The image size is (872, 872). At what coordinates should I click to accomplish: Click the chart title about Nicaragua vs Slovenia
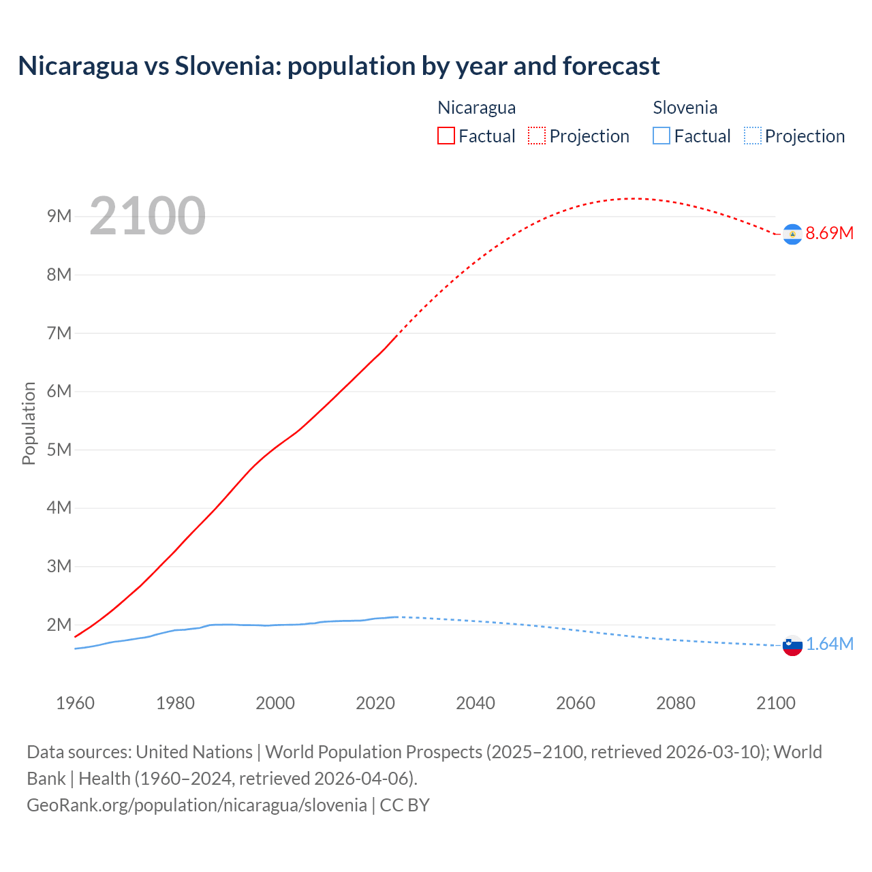click(x=339, y=66)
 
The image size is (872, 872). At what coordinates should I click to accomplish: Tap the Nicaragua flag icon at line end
click(x=792, y=234)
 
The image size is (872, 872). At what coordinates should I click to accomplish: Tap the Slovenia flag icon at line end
click(x=792, y=645)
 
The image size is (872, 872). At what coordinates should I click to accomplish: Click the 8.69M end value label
click(x=829, y=233)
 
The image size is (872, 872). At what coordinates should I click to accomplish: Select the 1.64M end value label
click(x=829, y=644)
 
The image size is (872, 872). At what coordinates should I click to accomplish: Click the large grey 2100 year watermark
click(x=147, y=216)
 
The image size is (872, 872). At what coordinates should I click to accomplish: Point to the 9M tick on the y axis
click(x=59, y=217)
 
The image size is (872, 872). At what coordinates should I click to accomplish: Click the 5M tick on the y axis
click(x=59, y=450)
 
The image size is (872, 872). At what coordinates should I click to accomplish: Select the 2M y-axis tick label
click(x=59, y=625)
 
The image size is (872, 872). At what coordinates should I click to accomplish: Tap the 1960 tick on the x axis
click(x=75, y=703)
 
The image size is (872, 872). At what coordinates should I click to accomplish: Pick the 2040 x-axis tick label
click(x=476, y=703)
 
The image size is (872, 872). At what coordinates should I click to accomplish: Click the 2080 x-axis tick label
click(x=676, y=703)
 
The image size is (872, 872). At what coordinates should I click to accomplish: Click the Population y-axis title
click(x=29, y=423)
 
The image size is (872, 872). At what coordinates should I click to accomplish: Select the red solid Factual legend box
click(x=446, y=136)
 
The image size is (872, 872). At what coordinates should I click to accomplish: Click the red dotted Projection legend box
click(x=537, y=136)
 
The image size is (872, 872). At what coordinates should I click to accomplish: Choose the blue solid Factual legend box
click(x=661, y=136)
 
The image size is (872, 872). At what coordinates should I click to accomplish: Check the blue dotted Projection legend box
click(x=752, y=136)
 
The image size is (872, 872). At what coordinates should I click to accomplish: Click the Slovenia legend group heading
click(x=685, y=108)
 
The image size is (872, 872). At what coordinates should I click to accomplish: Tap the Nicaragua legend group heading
click(x=476, y=108)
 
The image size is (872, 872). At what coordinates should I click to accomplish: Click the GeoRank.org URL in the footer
click(x=197, y=805)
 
